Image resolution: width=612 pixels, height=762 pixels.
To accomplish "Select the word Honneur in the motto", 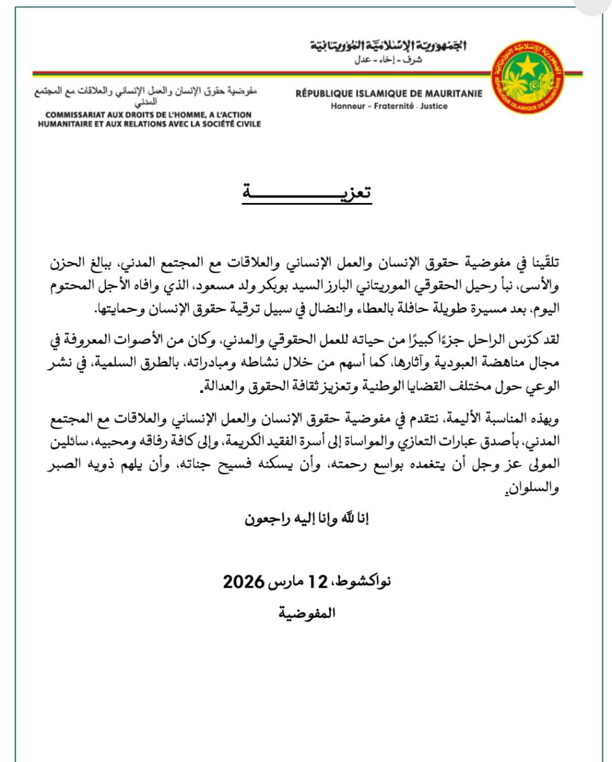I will (x=348, y=106).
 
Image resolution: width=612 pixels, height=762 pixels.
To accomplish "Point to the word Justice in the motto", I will (x=433, y=106).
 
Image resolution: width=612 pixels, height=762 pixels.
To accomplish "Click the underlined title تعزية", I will (x=307, y=193).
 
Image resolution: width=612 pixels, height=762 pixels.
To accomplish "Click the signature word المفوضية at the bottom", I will (x=307, y=613).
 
